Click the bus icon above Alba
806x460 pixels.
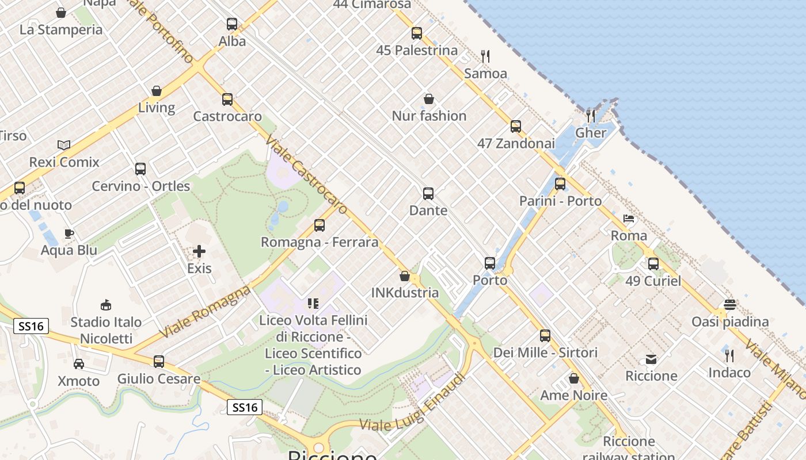[232, 24]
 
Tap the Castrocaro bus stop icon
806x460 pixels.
[227, 99]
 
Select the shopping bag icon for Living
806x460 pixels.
[157, 91]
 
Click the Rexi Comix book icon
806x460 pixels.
[64, 145]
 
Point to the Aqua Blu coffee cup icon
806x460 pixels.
[69, 233]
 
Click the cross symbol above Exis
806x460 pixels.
[199, 251]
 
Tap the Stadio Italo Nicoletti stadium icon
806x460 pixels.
[106, 305]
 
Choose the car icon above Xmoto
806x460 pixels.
[79, 364]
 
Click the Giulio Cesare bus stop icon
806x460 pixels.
[159, 362]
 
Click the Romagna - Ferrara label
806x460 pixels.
[320, 242]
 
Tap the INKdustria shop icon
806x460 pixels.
[405, 276]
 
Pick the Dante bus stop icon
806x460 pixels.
[428, 194]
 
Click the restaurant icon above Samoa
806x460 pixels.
[485, 56]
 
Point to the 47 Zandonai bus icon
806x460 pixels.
[516, 126]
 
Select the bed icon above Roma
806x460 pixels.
[629, 218]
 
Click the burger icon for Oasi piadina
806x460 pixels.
[730, 305]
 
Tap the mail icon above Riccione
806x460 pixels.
[651, 359]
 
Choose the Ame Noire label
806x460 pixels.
[573, 396]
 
